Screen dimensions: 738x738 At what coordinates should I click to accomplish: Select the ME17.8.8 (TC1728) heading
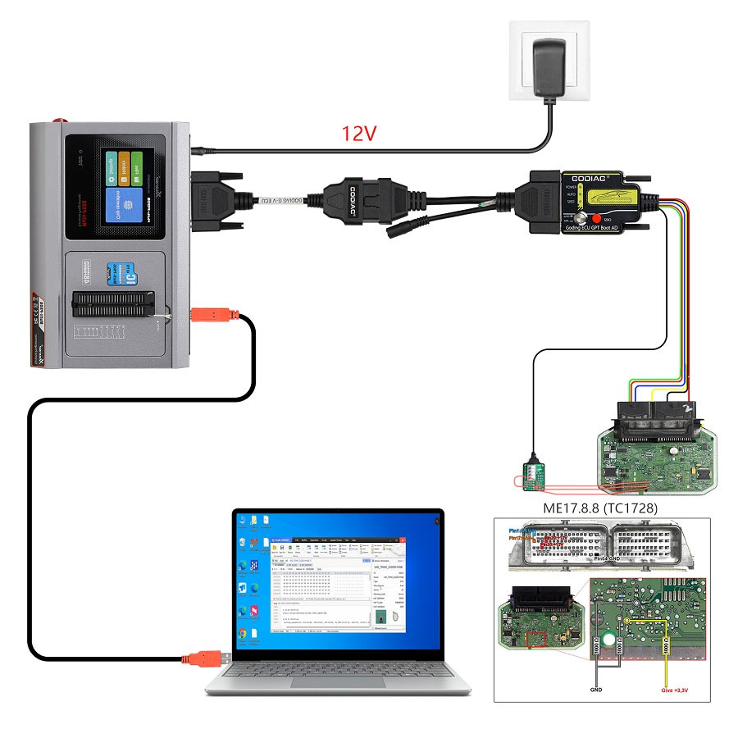(x=601, y=508)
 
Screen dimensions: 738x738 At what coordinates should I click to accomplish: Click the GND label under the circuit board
(x=597, y=690)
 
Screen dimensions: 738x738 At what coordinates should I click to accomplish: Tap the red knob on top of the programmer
(x=60, y=122)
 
